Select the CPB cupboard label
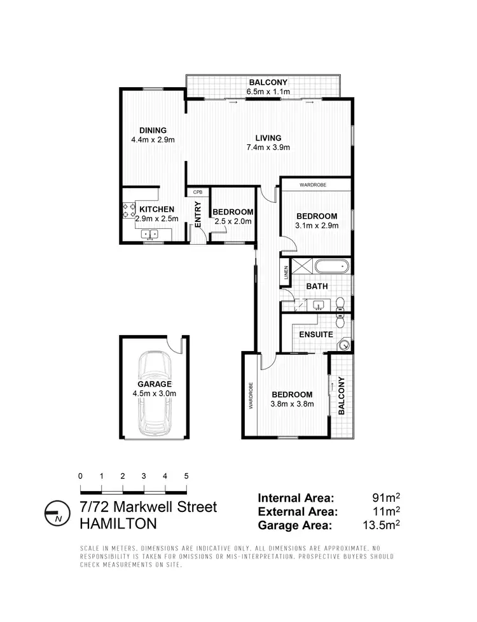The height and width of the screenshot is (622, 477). (198, 191)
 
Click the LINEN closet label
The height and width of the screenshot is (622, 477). (286, 273)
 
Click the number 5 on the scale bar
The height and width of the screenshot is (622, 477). (186, 476)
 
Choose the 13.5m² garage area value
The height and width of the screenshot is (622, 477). (379, 525)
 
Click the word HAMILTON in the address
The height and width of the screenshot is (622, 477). (118, 523)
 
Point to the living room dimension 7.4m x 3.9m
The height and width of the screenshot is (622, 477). (268, 148)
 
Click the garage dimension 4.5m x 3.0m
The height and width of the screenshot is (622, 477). (154, 394)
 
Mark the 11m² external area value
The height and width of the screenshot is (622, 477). (387, 511)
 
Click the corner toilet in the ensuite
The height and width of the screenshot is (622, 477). (343, 345)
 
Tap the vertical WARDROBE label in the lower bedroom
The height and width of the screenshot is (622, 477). (251, 395)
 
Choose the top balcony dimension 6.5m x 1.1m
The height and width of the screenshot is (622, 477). (268, 92)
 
